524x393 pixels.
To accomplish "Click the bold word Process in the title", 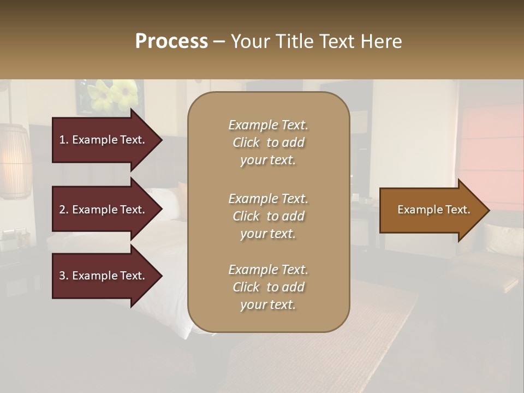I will [x=171, y=41].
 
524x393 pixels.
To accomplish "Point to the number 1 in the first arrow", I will [x=62, y=140].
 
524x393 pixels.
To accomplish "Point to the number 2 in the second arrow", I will [x=62, y=210].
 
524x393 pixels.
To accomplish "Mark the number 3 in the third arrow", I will [x=62, y=276].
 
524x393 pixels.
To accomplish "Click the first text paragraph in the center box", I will [x=268, y=142].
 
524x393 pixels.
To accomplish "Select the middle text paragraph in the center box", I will [x=268, y=216].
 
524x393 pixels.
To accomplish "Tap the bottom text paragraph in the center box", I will [x=268, y=287].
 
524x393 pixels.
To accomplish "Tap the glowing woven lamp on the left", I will [x=15, y=161].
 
